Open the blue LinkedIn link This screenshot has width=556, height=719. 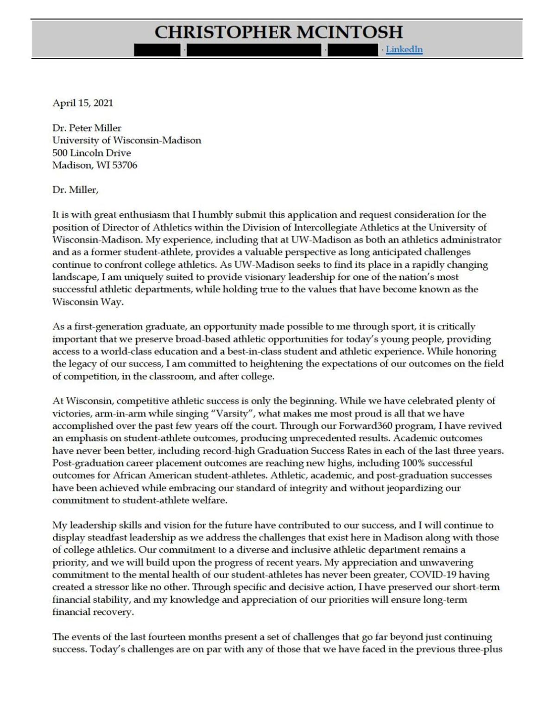[404, 50]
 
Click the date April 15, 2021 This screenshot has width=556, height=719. [82, 103]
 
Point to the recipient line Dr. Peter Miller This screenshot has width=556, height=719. [87, 128]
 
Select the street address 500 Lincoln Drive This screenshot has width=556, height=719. [91, 153]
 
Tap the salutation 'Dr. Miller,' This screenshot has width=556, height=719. [75, 190]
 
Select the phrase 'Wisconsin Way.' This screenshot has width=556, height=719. [88, 302]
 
